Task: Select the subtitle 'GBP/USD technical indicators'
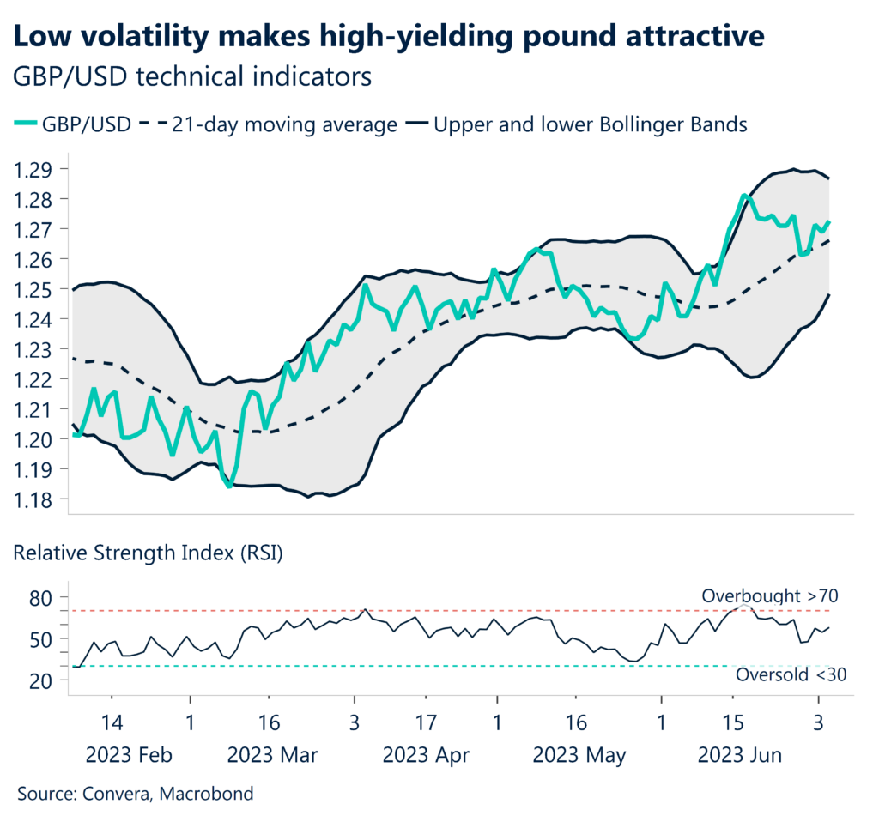point(193,76)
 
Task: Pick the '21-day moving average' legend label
point(283,124)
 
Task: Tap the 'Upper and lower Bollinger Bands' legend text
point(591,124)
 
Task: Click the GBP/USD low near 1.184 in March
point(229,487)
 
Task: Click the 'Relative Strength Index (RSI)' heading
point(148,553)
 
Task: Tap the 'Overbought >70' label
point(771,595)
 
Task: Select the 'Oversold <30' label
point(791,675)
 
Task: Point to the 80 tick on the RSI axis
point(42,597)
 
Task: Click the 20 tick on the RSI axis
point(42,680)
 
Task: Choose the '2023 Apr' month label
point(426,756)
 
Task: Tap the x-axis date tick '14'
point(112,721)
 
